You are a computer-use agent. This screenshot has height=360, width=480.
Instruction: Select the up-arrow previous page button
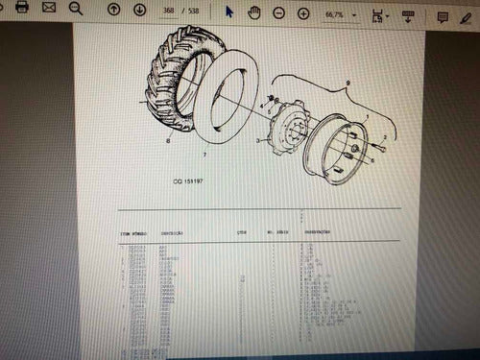114,11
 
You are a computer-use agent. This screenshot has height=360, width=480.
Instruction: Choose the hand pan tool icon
254,12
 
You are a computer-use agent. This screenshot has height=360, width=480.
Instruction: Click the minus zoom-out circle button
278,13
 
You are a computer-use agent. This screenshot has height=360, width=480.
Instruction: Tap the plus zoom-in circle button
303,13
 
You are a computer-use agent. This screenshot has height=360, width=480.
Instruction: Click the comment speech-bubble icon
443,17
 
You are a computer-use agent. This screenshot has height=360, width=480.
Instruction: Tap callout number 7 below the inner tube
204,154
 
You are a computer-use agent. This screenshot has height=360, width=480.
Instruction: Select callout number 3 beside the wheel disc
257,140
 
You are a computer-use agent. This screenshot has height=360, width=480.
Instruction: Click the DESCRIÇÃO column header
174,232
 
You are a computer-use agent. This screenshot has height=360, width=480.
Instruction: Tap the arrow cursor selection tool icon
228,12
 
